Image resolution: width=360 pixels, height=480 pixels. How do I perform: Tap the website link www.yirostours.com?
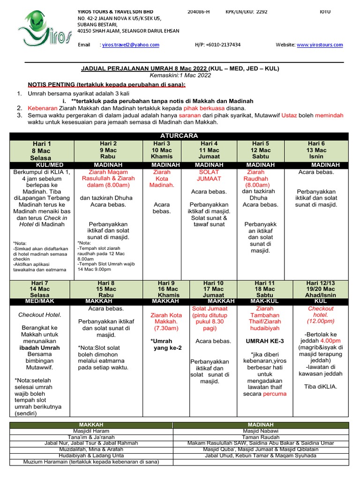coord(319,45)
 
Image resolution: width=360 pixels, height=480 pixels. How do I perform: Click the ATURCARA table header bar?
coord(180,136)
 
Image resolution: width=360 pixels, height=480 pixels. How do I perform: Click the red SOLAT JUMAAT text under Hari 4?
coord(209,175)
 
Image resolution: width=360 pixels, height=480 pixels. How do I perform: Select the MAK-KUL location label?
coord(264,301)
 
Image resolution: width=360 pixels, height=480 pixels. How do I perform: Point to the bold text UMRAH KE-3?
coord(265,341)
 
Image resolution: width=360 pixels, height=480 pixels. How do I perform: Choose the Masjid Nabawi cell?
coord(261,431)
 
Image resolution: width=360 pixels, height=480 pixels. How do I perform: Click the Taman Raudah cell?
coord(261,437)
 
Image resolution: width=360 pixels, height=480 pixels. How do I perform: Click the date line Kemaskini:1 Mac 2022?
coord(180,75)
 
